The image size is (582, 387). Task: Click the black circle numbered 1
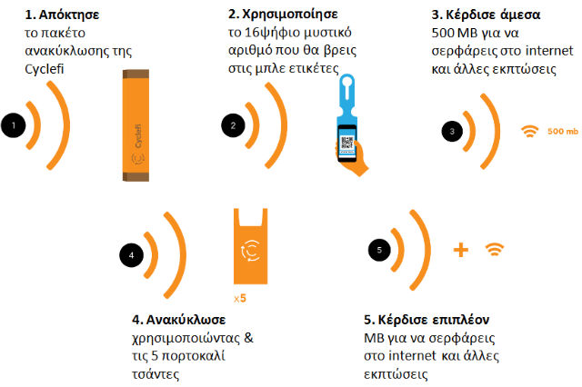click(x=14, y=125)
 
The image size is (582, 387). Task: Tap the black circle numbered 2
click(x=233, y=125)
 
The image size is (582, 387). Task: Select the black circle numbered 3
click(x=452, y=131)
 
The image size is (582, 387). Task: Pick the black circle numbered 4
click(x=131, y=255)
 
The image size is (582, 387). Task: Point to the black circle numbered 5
click(x=379, y=250)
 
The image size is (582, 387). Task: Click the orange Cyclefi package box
click(x=135, y=125)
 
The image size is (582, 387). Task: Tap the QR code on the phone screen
click(x=347, y=143)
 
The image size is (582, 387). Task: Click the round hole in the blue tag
click(x=347, y=81)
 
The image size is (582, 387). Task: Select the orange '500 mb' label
click(x=563, y=131)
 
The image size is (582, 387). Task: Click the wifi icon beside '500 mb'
click(x=529, y=131)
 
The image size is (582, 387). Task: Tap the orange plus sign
click(x=461, y=250)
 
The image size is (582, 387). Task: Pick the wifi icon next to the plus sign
click(x=495, y=250)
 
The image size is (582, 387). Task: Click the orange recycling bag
click(x=251, y=246)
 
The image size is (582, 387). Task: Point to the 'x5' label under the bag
click(x=240, y=298)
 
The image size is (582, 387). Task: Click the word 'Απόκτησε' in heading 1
click(x=69, y=15)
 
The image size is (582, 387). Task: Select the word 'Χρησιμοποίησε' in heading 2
click(x=290, y=15)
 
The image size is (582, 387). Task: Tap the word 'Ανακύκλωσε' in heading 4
click(x=186, y=320)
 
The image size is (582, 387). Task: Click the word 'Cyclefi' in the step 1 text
click(x=45, y=69)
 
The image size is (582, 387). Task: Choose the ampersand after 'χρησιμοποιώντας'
click(x=248, y=338)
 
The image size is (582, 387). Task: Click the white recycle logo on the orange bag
click(x=250, y=251)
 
